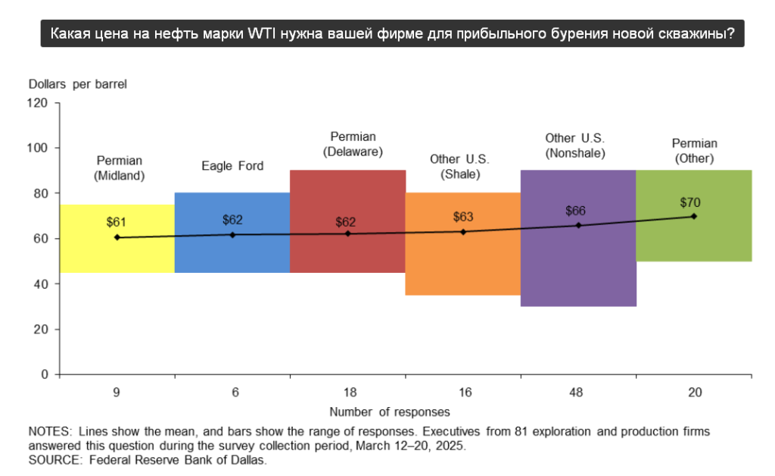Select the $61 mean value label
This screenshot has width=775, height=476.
coord(117,222)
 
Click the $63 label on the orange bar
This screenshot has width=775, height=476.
coord(463,217)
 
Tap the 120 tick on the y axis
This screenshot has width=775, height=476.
coord(39,102)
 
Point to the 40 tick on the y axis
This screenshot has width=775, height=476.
coord(42,284)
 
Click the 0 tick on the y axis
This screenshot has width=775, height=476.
coord(45,374)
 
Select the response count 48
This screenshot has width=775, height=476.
coord(579,393)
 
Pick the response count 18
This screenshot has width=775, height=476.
coord(348,393)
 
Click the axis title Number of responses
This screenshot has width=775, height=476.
coord(390,412)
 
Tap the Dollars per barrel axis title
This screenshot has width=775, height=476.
coord(78,84)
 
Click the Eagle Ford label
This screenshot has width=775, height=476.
coord(232,165)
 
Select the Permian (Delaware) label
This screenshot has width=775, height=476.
coord(353,144)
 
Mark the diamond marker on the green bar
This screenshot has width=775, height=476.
coord(694,216)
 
